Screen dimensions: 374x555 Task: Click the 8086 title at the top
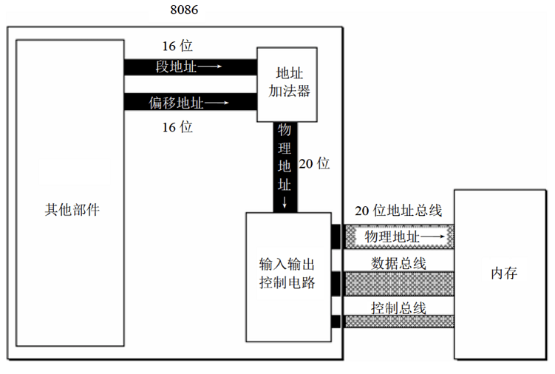[x=184, y=10]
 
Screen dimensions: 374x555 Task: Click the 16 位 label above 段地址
[x=177, y=46]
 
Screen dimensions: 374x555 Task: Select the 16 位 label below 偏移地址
[x=177, y=127]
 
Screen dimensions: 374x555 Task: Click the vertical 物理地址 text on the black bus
[x=285, y=157]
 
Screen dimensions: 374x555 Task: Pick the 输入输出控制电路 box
[x=287, y=273]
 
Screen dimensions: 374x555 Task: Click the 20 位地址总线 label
[x=398, y=211]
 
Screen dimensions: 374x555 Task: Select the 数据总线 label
[x=398, y=262]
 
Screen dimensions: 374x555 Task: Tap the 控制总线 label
[x=398, y=307]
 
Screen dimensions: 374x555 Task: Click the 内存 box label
[x=503, y=273]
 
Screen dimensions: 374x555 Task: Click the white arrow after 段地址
[x=210, y=67]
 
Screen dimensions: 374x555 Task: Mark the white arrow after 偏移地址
[x=217, y=102]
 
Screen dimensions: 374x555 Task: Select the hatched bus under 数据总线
[x=398, y=284]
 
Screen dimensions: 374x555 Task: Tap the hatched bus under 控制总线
[x=398, y=322]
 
